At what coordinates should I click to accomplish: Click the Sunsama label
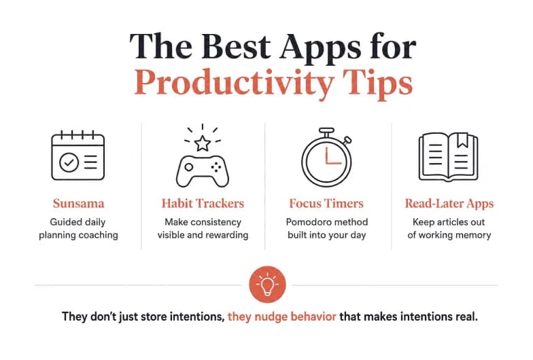click(x=79, y=204)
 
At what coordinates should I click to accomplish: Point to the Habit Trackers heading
click(x=203, y=204)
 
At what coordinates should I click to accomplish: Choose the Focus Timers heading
click(x=326, y=204)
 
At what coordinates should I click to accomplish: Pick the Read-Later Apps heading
click(x=449, y=204)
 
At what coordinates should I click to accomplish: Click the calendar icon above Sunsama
click(x=78, y=156)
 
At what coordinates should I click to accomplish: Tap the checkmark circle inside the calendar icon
click(x=69, y=162)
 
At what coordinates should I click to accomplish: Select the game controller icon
click(x=203, y=171)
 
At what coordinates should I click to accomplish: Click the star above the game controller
click(x=203, y=143)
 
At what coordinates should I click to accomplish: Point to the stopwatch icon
click(x=326, y=158)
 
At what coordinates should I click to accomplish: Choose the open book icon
click(x=449, y=156)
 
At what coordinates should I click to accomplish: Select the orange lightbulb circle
click(x=268, y=285)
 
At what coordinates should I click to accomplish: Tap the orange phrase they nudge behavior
click(x=281, y=317)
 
